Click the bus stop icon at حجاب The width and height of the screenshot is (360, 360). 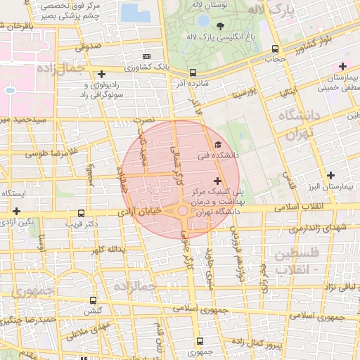point(275,49)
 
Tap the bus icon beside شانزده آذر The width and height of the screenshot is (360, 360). point(193,72)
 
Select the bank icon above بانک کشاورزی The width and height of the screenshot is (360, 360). point(146,56)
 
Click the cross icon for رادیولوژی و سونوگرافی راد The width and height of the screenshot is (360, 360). point(102,74)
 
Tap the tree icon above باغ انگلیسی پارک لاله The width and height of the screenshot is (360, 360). point(221,25)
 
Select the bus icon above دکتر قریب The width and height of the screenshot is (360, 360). point(82,212)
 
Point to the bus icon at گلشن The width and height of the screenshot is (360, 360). point(93,300)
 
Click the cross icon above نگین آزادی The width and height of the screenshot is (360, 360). point(16,210)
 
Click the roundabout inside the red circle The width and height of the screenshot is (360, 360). point(182,210)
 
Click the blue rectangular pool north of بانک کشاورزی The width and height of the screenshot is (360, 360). point(130,12)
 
